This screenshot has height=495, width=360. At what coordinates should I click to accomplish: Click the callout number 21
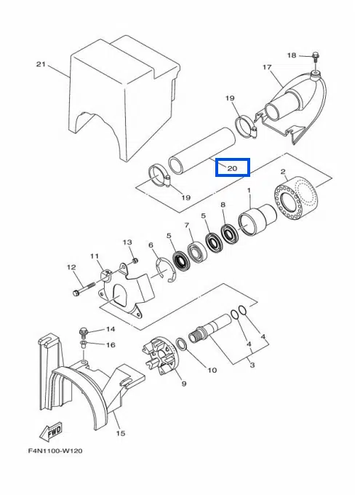point(41,64)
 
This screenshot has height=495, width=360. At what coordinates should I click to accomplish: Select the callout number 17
point(267,67)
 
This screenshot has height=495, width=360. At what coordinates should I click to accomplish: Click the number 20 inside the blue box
point(232,168)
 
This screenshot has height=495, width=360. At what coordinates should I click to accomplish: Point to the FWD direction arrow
point(51,431)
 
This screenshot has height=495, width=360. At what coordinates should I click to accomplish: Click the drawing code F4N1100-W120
point(55,451)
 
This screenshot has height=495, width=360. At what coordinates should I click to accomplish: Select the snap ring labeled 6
point(166,269)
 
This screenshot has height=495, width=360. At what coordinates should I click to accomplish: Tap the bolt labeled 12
point(84,289)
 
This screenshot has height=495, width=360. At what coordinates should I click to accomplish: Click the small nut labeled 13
point(135,261)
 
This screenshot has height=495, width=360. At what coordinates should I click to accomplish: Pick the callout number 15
point(121,433)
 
